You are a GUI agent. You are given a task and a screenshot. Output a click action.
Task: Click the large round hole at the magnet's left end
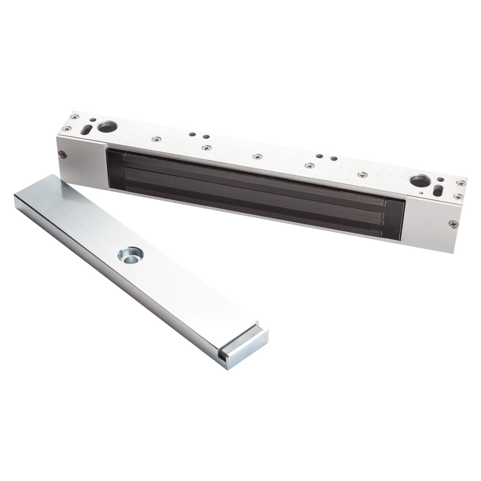point(107,127)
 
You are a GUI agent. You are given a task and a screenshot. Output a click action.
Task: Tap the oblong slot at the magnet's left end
point(86,130)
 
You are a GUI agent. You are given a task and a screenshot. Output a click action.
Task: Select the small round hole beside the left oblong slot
point(92,120)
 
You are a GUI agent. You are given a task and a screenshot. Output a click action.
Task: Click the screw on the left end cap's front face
point(62,154)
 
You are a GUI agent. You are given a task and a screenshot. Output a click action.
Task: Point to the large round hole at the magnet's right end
point(419,181)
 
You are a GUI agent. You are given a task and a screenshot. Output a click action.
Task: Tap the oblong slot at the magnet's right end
point(438,190)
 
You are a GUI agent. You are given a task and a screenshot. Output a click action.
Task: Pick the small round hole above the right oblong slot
point(441,179)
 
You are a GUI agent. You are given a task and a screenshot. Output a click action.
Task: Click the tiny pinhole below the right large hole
point(421,193)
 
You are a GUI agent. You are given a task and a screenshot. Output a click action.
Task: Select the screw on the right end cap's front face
point(453,224)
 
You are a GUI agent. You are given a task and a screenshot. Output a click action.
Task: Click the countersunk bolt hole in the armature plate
point(130,254)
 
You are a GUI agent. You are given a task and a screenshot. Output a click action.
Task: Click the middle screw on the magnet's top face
point(257,156)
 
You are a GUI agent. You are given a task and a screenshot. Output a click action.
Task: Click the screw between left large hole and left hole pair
point(156,139)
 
